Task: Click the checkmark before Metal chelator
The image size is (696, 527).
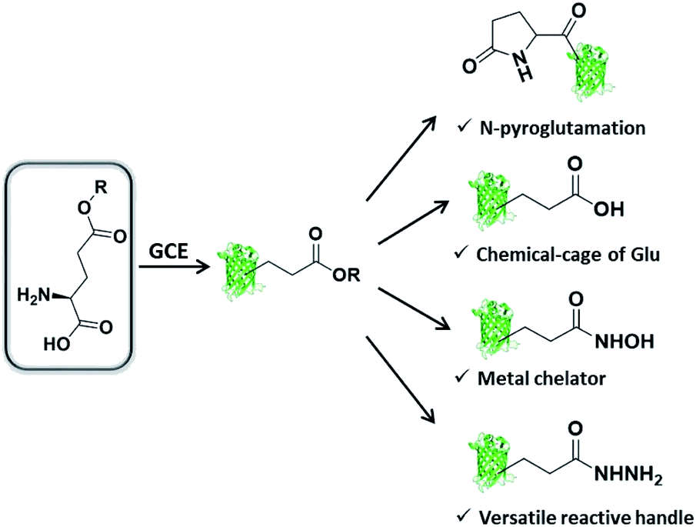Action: click(x=461, y=377)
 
